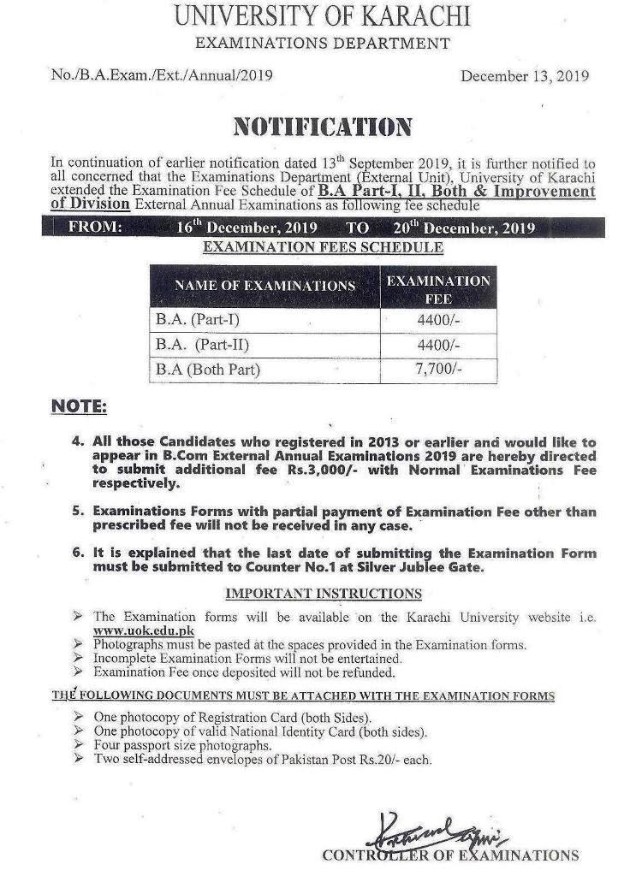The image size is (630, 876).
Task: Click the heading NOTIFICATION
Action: pyautogui.click(x=322, y=127)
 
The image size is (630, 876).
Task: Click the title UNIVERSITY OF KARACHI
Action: pyautogui.click(x=320, y=15)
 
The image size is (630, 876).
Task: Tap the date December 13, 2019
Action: pyautogui.click(x=525, y=75)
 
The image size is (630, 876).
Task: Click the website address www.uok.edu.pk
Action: pyautogui.click(x=143, y=630)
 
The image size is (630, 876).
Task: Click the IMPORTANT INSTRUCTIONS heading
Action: pyautogui.click(x=323, y=593)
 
